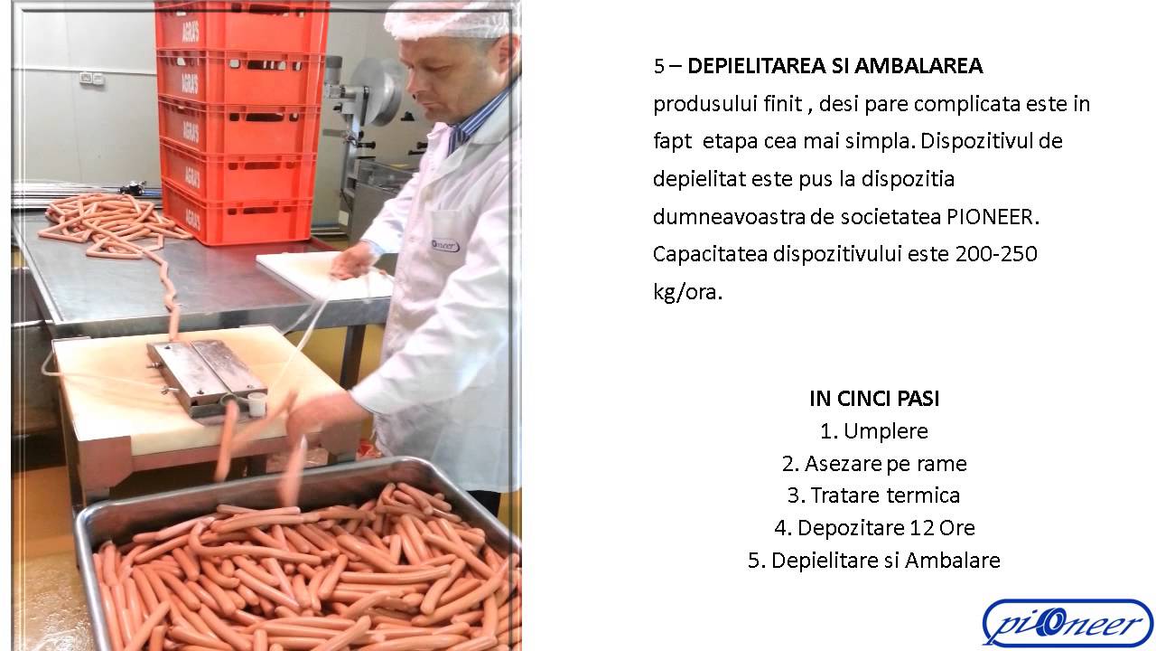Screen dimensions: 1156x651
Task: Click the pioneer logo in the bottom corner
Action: (1067, 623)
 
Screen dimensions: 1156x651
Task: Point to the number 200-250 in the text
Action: (996, 254)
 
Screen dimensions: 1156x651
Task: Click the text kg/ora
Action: (687, 292)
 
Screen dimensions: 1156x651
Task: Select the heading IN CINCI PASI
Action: (874, 399)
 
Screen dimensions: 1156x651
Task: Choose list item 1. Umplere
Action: (874, 431)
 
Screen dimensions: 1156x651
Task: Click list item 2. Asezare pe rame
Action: (874, 464)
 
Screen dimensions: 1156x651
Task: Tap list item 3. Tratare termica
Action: (874, 495)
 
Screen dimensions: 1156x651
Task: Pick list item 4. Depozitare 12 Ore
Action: (874, 527)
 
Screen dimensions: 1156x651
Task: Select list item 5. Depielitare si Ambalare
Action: (874, 560)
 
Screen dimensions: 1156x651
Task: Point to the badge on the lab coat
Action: (445, 245)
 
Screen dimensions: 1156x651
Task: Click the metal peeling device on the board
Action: (207, 376)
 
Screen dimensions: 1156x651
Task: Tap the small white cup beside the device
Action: (256, 404)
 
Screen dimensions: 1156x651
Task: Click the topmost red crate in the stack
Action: (241, 26)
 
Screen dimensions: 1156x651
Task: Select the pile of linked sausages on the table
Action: (114, 226)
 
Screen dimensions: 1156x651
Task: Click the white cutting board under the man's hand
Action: (325, 274)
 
